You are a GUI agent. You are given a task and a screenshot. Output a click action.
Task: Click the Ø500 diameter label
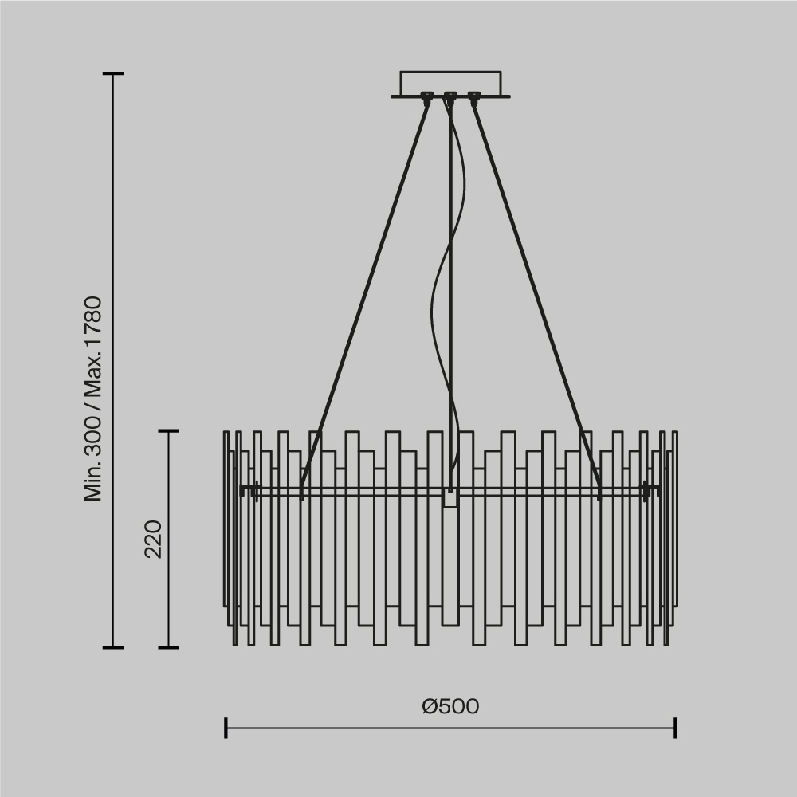coord(450,706)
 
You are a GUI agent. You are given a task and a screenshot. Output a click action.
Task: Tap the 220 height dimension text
coord(153,539)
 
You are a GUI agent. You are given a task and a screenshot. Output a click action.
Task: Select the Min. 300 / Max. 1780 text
coord(94,398)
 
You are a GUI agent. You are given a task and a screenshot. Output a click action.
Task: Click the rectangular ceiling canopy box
coord(450,83)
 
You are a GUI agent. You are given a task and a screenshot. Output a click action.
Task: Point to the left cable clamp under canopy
coord(426,99)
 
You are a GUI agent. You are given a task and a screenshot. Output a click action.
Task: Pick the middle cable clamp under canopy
coord(450,99)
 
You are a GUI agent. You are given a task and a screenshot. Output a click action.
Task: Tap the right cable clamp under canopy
coord(474,99)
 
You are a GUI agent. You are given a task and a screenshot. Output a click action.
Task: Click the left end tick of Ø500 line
coord(226,728)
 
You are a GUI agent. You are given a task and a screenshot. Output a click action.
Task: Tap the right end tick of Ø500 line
coord(676,728)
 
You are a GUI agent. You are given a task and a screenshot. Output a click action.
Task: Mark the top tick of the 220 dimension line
coord(168,431)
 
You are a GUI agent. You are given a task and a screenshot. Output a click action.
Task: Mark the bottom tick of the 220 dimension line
coord(168,647)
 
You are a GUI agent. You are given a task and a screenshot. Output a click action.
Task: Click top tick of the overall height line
coord(113,73)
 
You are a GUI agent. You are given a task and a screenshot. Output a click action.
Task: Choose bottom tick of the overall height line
coord(113,647)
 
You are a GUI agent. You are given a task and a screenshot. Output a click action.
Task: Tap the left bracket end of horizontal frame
coord(249,489)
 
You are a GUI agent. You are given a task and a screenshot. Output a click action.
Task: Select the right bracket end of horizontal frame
coord(652,489)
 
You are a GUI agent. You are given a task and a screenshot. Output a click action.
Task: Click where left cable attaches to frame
coord(302,490)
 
